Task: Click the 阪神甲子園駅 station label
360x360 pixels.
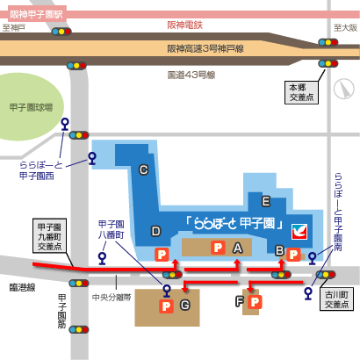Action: pos(37,14)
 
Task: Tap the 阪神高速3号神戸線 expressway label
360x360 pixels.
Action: pos(205,48)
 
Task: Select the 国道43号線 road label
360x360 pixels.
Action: pos(191,75)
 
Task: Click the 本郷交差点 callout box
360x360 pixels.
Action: pos(301,92)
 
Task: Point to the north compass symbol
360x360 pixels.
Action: pos(344,89)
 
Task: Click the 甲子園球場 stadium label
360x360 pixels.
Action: pos(31,107)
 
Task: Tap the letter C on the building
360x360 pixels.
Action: pos(143,169)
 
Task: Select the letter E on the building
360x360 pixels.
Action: pos(266,201)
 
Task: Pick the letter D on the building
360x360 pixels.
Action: pos(156,231)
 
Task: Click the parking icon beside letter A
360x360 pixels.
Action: pos(218,248)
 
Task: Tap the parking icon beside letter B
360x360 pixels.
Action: pos(293,255)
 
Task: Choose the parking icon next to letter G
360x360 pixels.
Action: pos(166,306)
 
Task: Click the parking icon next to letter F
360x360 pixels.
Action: pos(255,302)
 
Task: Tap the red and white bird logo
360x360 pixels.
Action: pos(299,232)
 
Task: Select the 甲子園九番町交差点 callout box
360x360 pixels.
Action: pos(49,235)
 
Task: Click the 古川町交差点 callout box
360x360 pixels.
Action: pos(336,299)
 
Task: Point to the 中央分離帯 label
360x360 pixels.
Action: pos(112,298)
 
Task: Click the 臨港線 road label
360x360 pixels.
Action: pos(22,287)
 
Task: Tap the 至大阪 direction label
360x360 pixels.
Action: pos(345,28)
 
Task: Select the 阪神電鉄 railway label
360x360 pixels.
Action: pos(185,25)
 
